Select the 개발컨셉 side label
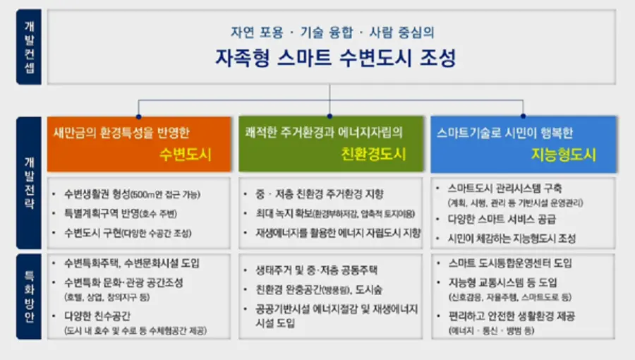(x=30, y=47)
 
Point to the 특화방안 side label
(x=30, y=295)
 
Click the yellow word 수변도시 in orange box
(x=185, y=155)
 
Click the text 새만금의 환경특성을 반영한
(x=122, y=132)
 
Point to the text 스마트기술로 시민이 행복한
(x=504, y=132)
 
